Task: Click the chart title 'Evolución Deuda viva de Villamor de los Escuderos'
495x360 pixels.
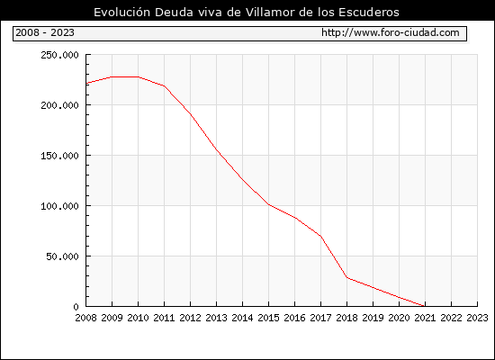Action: pos(247,12)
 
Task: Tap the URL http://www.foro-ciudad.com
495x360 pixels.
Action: pos(391,32)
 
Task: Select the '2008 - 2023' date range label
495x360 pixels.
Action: pos(45,32)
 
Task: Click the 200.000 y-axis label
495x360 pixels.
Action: pos(59,105)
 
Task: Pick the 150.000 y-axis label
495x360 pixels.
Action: pos(59,156)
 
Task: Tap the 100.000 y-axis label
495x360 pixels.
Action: pos(59,206)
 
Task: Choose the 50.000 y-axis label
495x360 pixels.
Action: pos(62,256)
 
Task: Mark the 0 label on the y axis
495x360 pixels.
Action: pos(76,307)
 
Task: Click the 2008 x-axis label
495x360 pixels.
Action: pos(85,318)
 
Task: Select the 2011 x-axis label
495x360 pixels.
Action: pos(164,318)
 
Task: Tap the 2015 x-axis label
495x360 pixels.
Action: pos(269,318)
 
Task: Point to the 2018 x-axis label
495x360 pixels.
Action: pos(346,318)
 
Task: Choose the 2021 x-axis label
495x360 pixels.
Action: pos(425,318)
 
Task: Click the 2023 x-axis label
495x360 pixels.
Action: pos(477,318)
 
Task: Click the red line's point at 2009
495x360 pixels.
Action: pos(112,76)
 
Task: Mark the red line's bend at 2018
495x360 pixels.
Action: pos(346,277)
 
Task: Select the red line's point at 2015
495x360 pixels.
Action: pos(269,204)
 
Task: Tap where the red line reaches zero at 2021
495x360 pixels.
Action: pos(425,306)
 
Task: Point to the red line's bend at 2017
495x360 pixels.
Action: pos(320,236)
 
